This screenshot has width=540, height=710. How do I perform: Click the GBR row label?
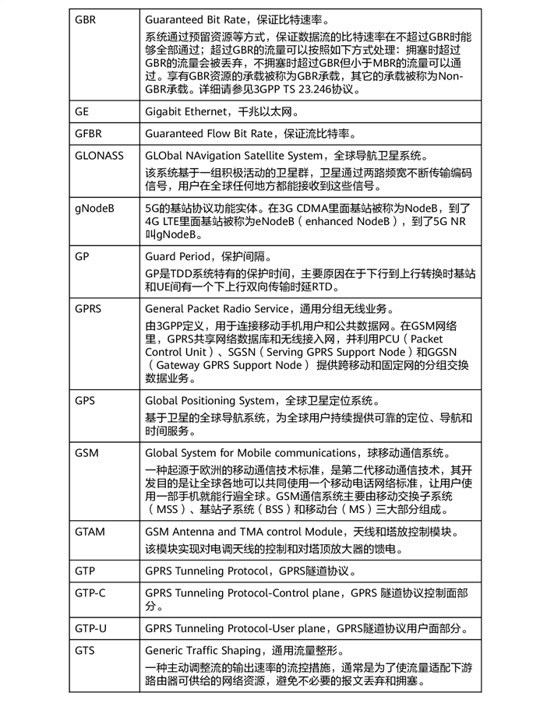[86, 19]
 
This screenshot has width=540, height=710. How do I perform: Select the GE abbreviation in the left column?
[82, 111]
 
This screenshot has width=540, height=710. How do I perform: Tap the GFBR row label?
[88, 133]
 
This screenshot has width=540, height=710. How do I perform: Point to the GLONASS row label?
[99, 155]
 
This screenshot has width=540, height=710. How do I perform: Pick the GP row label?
[82, 256]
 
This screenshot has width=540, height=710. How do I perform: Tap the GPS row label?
[85, 400]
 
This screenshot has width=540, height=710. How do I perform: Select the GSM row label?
[86, 452]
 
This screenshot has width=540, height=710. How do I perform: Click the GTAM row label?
[90, 532]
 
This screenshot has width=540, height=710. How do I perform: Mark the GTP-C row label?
[90, 592]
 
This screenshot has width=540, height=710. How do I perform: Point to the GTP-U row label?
[90, 627]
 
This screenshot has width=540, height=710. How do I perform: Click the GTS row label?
[85, 650]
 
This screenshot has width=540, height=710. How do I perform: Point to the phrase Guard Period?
[178, 256]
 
